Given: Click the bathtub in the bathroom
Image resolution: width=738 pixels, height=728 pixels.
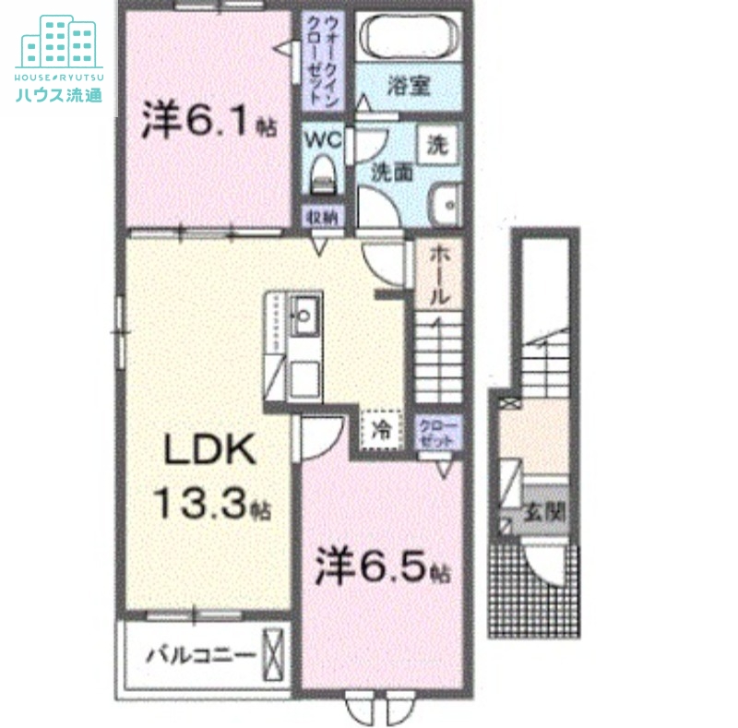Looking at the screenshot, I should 408,39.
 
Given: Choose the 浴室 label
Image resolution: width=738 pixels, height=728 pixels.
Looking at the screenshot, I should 409,88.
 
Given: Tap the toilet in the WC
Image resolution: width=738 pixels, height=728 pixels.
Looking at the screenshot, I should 323,173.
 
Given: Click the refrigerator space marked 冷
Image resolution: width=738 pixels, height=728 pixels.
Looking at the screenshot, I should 381,427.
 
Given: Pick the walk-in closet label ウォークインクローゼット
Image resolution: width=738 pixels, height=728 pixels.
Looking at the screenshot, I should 322,58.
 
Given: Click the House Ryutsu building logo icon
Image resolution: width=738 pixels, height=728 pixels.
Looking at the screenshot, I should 59,42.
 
